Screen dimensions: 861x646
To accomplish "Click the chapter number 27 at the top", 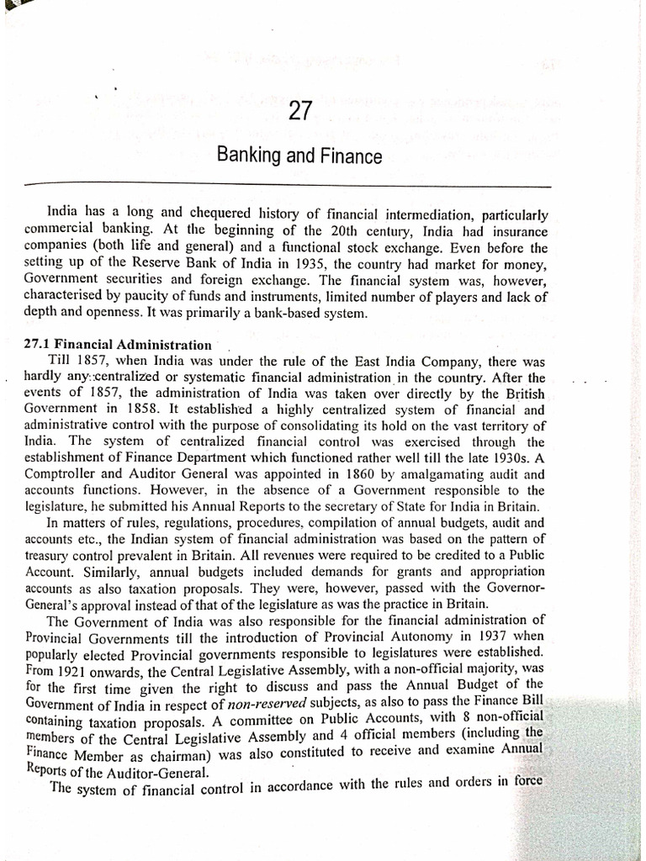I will tap(300, 111).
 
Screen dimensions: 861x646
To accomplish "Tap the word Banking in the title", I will tap(246, 156).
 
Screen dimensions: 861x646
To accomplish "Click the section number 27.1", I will tap(39, 346).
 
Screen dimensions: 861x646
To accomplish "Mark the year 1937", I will tap(483, 637).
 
